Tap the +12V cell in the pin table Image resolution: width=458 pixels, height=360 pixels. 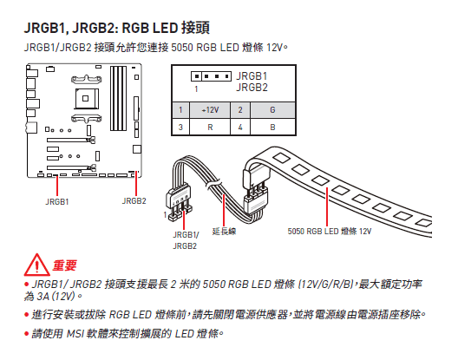pos(209,110)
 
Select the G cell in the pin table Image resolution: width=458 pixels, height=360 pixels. pos(272,110)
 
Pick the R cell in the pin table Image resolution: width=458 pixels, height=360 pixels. pos(209,128)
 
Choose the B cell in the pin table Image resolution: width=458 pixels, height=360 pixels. pos(272,128)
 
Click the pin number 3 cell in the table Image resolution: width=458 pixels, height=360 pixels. pos(180,128)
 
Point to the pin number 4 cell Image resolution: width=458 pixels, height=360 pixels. pos(239,128)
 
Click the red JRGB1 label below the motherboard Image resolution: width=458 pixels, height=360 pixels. pos(58,201)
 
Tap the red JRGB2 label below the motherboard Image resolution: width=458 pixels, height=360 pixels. pos(134,201)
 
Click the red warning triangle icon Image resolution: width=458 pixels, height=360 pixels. pos(36,264)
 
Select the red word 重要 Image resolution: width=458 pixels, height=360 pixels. pos(66,265)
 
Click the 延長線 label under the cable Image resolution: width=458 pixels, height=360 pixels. pos(234,231)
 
